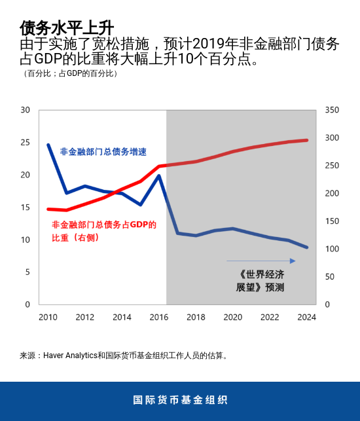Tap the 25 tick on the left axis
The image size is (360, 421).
click(x=26, y=142)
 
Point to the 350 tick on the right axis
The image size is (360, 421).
click(x=332, y=110)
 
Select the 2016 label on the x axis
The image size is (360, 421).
click(x=159, y=318)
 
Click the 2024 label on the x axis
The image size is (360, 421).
click(x=307, y=318)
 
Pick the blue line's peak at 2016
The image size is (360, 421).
click(x=159, y=175)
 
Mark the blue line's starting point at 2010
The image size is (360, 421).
click(x=48, y=145)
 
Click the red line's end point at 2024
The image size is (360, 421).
click(x=307, y=140)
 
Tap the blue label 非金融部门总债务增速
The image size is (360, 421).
click(x=103, y=152)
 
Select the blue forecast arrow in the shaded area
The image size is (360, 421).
click(x=261, y=261)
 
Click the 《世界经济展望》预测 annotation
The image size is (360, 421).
click(x=261, y=281)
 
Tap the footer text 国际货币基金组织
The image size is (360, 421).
click(x=180, y=400)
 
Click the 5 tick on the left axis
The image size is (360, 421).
click(x=27, y=272)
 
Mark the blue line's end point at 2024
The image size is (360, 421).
click(x=307, y=247)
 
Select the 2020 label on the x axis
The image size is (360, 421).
click(x=233, y=318)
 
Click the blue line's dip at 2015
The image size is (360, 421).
click(x=141, y=205)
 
